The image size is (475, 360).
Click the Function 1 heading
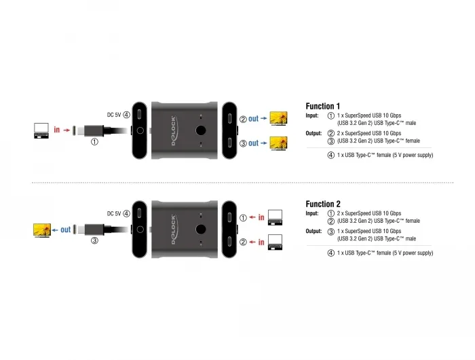[322, 106]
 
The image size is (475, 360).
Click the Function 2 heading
[323, 204]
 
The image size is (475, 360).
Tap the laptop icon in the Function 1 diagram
[41, 130]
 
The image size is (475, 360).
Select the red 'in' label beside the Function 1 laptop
[56, 130]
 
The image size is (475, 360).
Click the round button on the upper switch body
[201, 130]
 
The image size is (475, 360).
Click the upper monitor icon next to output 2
[279, 119]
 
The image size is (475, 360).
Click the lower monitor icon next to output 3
[279, 143]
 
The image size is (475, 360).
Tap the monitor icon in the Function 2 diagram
[42, 230]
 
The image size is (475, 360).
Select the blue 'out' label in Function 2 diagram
[65, 230]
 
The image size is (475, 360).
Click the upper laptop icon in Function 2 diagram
[275, 217]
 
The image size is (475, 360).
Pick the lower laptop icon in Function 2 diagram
[275, 242]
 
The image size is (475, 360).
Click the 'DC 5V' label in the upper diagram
[114, 115]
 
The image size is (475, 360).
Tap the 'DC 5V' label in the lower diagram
[114, 214]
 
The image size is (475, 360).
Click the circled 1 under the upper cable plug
[94, 142]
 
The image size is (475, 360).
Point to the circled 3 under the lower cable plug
[94, 240]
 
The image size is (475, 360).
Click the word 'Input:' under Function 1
[312, 115]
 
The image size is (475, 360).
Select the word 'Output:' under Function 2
[313, 231]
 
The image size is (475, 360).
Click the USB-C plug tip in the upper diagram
[74, 130]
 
